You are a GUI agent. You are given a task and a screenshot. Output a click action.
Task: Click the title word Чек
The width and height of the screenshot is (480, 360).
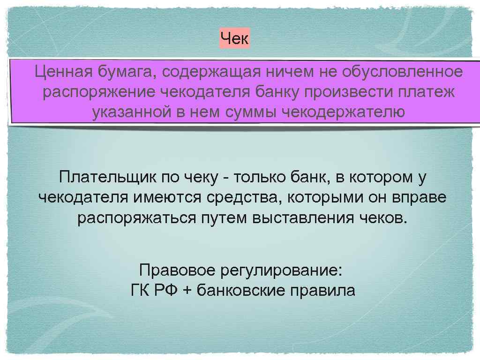[x=235, y=39]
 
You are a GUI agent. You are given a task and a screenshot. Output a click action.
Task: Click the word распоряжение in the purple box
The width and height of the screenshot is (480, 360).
[x=99, y=92]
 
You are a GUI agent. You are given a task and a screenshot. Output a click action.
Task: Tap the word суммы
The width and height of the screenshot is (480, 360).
[x=249, y=112]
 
